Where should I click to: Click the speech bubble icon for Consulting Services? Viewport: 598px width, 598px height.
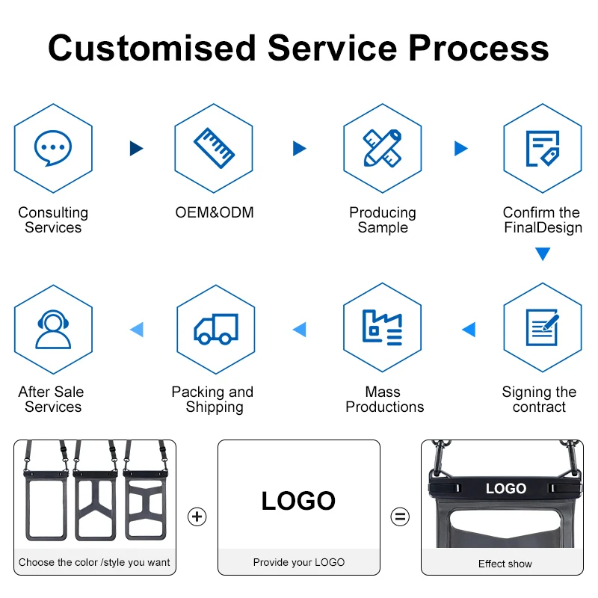[53, 148]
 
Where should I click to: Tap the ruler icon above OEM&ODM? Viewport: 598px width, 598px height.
[214, 148]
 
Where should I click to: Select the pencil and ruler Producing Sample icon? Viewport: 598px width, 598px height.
[382, 148]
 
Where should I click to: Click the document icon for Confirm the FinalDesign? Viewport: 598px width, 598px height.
[542, 148]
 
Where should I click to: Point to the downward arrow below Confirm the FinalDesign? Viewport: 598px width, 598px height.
[543, 254]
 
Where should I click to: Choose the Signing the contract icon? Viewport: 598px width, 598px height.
[542, 328]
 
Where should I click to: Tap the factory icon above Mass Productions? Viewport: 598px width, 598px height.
[382, 328]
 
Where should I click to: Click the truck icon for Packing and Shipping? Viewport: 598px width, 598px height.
[215, 329]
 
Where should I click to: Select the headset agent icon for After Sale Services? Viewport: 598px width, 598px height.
[53, 329]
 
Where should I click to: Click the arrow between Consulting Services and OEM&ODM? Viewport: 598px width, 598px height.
[136, 148]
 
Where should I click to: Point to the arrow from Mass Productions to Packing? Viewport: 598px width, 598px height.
[300, 329]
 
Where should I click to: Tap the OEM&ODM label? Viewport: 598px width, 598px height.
[215, 213]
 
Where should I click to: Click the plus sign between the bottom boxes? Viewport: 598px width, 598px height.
[197, 517]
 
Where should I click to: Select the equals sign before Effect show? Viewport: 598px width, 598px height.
[401, 517]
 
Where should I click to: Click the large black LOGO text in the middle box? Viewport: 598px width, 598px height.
[298, 501]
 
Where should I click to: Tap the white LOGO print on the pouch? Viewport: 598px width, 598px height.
[506, 489]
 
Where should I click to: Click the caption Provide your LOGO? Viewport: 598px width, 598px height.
[299, 562]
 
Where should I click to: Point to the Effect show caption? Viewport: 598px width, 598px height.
[505, 564]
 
